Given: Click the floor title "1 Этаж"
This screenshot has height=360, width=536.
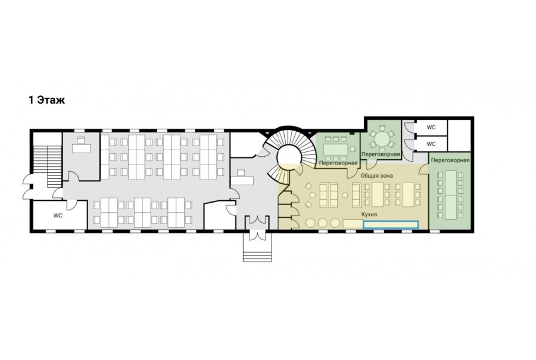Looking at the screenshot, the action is pos(47,100).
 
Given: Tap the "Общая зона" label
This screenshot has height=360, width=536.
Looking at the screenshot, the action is pos(377,176).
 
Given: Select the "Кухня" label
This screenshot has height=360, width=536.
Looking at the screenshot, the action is pos(369,214).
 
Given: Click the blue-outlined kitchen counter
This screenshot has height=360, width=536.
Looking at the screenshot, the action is pos(390,225).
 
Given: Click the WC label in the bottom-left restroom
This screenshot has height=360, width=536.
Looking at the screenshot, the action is pos(58,216).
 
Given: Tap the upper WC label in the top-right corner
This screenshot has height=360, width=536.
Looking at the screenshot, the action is pos(431,128).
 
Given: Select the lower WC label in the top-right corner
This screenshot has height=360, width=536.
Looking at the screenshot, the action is pos(431,144).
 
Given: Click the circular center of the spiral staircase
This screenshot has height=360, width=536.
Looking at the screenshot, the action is pos(289,157).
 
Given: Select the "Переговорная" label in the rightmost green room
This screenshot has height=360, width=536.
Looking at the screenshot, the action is pos(450,160).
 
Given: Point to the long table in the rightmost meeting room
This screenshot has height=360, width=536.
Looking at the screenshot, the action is pos(451,195).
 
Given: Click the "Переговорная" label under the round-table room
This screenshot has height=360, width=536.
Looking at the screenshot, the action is pos(381,154).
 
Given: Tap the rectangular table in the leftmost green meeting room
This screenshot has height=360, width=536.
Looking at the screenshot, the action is pos(336,149).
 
